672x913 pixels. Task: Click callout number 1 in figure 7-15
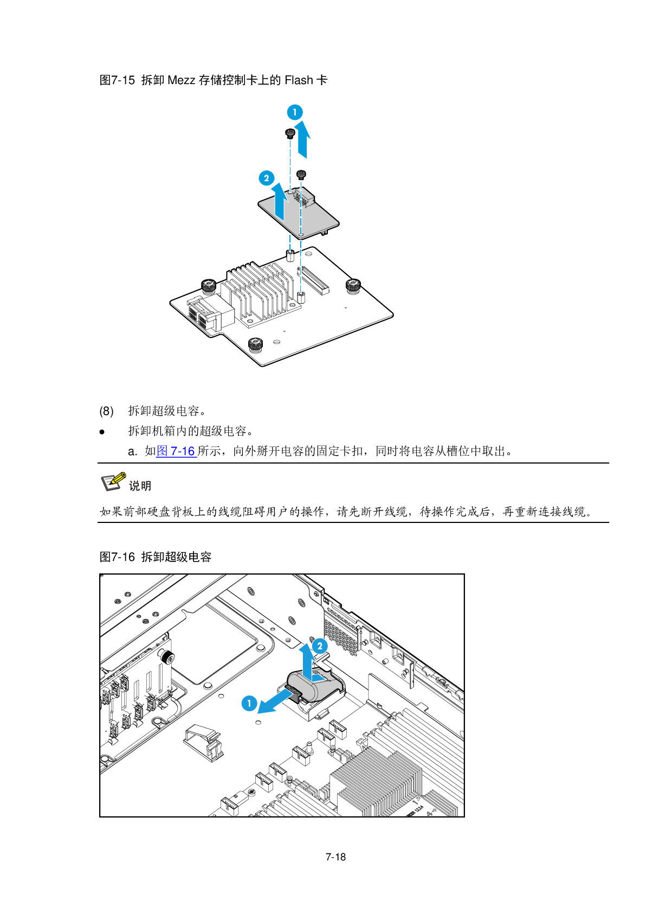pyautogui.click(x=295, y=112)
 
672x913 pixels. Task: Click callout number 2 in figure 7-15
pyautogui.click(x=266, y=178)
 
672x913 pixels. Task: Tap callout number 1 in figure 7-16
pyautogui.click(x=249, y=703)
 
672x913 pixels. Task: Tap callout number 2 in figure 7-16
pyautogui.click(x=320, y=646)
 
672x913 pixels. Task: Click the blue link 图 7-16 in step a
pyautogui.click(x=176, y=451)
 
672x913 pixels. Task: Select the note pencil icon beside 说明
pyautogui.click(x=113, y=481)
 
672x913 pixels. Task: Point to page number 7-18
pyautogui.click(x=335, y=857)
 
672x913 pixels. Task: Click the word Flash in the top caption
pyautogui.click(x=299, y=80)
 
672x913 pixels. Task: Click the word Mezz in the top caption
pyautogui.click(x=181, y=80)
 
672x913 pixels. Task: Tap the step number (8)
pyautogui.click(x=106, y=411)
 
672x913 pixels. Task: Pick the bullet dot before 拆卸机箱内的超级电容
pyautogui.click(x=102, y=432)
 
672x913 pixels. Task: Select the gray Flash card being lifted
pyautogui.click(x=299, y=214)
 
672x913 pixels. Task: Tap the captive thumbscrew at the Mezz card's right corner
pyautogui.click(x=353, y=285)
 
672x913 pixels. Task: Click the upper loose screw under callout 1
pyautogui.click(x=289, y=133)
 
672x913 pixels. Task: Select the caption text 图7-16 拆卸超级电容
pyautogui.click(x=156, y=557)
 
